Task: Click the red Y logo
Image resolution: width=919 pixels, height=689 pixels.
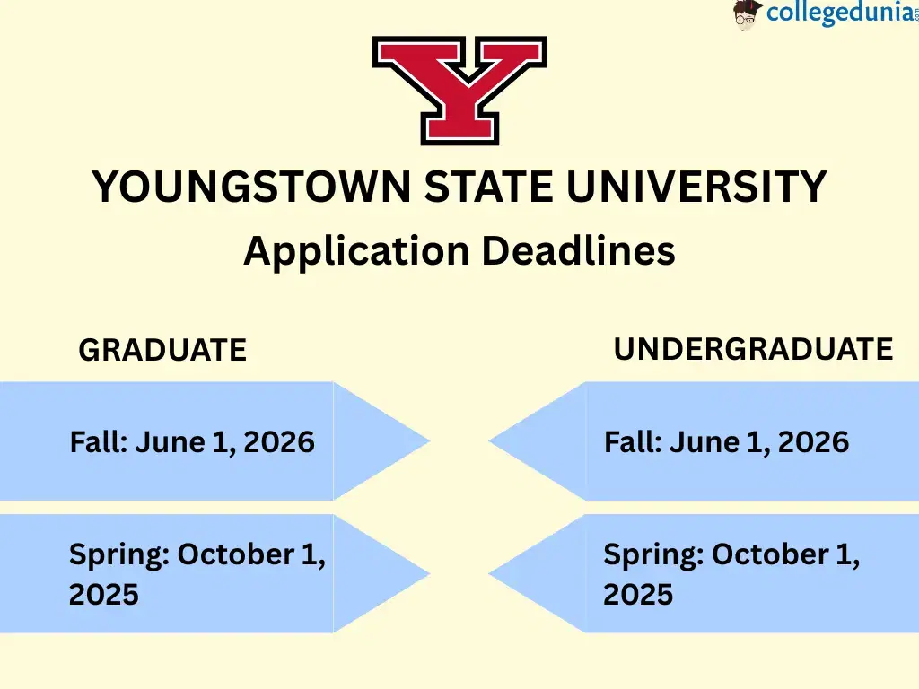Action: click(459, 90)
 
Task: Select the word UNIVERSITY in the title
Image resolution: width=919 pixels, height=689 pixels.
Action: click(696, 187)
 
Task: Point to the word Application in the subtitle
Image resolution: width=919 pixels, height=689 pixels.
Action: click(355, 250)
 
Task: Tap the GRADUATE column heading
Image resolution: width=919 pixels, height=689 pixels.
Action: click(162, 350)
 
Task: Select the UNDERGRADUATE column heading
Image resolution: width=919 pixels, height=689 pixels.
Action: click(753, 348)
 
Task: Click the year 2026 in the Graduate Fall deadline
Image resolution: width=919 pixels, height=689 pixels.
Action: click(279, 441)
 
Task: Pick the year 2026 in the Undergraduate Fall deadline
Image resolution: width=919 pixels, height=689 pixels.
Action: click(813, 441)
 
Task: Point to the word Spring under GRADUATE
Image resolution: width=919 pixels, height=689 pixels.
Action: click(118, 555)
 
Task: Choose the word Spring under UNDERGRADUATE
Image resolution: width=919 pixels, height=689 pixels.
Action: click(652, 555)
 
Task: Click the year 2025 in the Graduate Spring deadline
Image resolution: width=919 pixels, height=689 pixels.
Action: click(104, 594)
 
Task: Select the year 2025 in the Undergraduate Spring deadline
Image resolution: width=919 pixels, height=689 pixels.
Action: click(638, 594)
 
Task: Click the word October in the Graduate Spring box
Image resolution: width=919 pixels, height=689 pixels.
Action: click(235, 554)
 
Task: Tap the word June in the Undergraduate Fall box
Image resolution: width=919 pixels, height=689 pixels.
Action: click(705, 441)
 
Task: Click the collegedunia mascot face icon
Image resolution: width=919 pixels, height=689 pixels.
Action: click(747, 15)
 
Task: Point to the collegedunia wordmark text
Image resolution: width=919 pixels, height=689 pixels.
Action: click(827, 15)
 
